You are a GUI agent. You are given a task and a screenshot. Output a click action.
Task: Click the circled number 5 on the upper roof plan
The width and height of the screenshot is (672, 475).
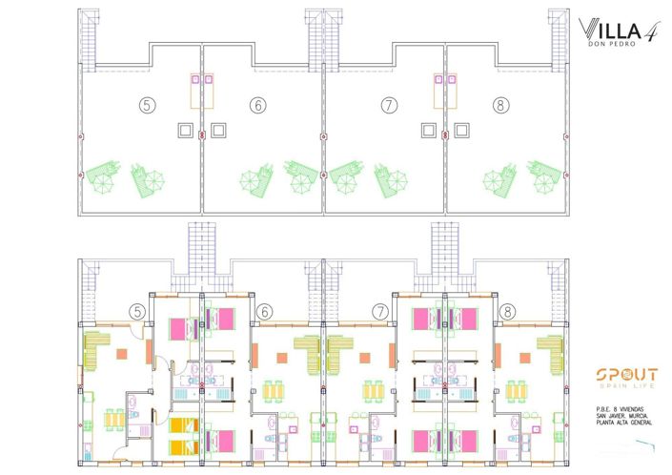pyautogui.click(x=145, y=105)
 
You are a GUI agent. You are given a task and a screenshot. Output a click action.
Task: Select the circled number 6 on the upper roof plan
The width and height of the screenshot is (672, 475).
pyautogui.click(x=258, y=105)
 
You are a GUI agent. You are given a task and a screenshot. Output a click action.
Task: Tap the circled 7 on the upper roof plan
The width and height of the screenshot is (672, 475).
pyautogui.click(x=388, y=105)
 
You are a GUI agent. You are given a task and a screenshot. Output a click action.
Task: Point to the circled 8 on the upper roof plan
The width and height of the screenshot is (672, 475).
pyautogui.click(x=501, y=105)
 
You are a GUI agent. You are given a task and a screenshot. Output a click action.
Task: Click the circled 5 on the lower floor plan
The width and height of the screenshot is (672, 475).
pyautogui.click(x=138, y=311)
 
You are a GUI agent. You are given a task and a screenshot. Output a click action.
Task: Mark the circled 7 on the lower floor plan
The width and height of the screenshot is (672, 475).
pyautogui.click(x=380, y=311)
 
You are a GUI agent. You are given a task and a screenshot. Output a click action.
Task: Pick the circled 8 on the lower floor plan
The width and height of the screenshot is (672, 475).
pyautogui.click(x=507, y=311)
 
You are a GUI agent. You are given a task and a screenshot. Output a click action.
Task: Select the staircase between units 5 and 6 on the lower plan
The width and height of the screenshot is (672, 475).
pyautogui.click(x=202, y=256)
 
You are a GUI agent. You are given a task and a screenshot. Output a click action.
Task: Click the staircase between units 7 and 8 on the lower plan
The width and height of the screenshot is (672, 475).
pyautogui.click(x=445, y=256)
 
